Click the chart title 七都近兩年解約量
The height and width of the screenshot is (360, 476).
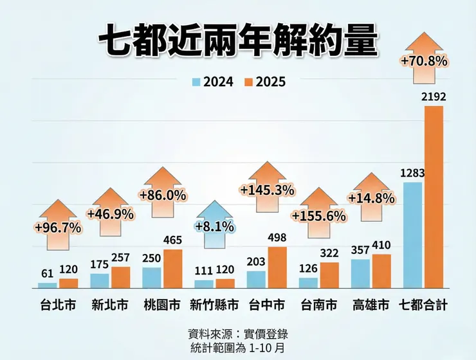pos(237,43)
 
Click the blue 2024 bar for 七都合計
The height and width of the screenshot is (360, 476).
pos(412,235)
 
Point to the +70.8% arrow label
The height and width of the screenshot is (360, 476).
pos(423,62)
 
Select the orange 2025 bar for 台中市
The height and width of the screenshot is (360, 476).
pos(277,267)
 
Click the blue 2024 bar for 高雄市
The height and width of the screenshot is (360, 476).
pos(361,273)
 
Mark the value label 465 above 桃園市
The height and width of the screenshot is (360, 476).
pos(172,239)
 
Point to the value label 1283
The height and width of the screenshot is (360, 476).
pos(412,172)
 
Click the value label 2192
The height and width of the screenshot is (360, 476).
pos(434,96)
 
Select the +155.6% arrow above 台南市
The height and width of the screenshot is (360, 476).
pos(319,216)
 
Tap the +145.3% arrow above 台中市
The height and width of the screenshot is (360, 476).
pos(266,190)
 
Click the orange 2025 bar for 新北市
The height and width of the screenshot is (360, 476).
pos(120,277)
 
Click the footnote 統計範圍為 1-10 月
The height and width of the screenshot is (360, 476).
pos(237,347)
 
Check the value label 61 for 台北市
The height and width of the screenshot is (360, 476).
pos(46,273)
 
